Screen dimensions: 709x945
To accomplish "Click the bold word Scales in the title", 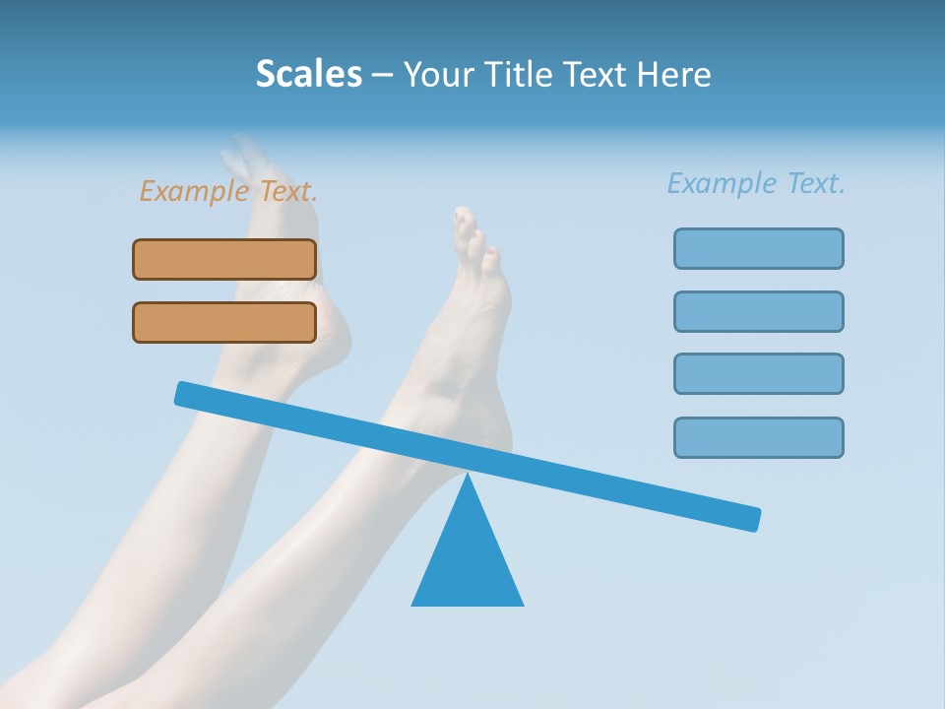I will coord(308,74).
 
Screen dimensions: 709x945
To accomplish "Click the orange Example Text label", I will coord(228,191).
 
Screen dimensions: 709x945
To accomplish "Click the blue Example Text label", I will coord(756,183).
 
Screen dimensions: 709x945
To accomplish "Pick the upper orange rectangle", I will coord(224,259).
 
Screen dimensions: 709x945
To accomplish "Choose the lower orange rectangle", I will coord(224,322).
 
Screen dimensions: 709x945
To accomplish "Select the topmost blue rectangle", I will coord(758,248).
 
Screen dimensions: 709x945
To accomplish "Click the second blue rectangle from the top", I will coord(758,311).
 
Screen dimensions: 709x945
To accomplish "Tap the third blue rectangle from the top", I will coord(758,373).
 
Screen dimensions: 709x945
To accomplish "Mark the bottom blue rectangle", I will coord(758,437).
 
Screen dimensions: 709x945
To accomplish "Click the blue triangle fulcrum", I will coord(468,561).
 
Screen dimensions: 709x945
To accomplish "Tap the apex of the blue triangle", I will coord(468,478).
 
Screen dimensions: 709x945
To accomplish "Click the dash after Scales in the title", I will coord(382,75).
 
